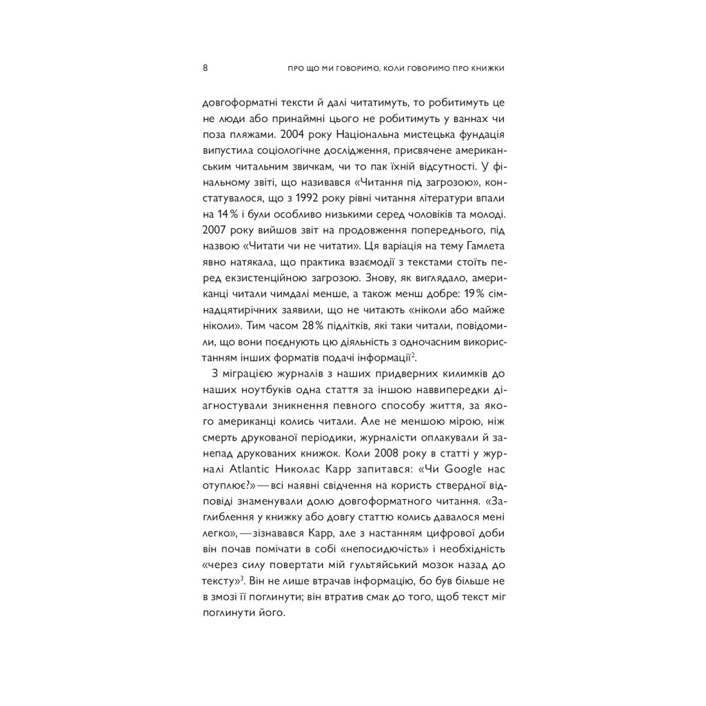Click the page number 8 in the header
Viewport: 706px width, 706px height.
[x=205, y=68]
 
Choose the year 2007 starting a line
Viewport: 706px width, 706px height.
[x=214, y=229]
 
